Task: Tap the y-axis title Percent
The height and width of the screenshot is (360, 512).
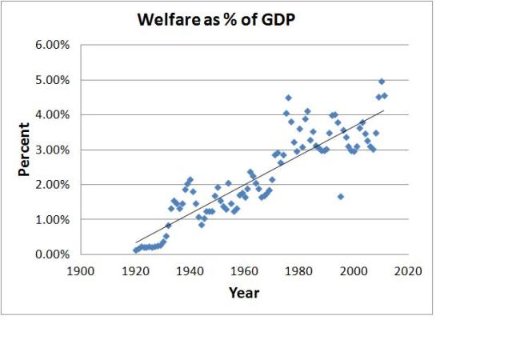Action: coord(25,149)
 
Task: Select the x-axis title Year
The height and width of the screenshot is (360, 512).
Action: coord(244,293)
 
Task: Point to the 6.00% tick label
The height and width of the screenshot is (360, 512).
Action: coord(52,45)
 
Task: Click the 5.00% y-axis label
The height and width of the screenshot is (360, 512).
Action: coord(52,80)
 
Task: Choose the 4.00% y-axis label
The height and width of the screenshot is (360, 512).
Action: coord(52,114)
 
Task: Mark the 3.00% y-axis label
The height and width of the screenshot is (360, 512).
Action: coord(52,150)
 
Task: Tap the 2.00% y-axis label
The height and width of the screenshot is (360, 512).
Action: coord(52,185)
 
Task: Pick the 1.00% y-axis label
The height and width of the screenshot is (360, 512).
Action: coord(52,219)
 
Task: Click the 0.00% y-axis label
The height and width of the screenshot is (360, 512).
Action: coord(52,254)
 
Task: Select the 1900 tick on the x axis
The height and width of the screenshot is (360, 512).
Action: coord(82,271)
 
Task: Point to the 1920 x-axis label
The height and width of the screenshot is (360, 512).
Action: coord(136,271)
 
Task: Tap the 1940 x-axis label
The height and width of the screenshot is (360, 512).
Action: coord(190,271)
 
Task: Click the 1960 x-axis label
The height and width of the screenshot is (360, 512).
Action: coord(245,271)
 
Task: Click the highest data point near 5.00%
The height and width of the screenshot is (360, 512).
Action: coord(382,82)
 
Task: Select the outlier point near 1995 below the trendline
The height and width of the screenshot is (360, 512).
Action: coord(341,197)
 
